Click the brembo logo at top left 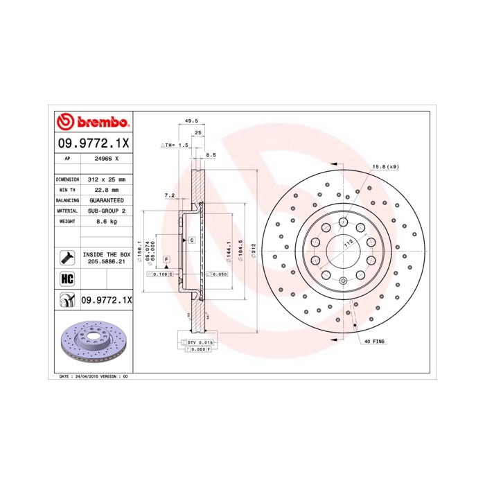92,123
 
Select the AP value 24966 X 107,159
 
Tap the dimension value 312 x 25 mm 107,179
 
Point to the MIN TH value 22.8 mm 107,189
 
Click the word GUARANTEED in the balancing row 107,200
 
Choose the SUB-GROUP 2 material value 107,210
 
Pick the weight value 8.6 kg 107,221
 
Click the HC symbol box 67,279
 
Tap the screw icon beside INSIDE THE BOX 67,258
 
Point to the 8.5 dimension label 211,156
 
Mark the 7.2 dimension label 169,196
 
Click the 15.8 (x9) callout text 385,167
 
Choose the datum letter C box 191,239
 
